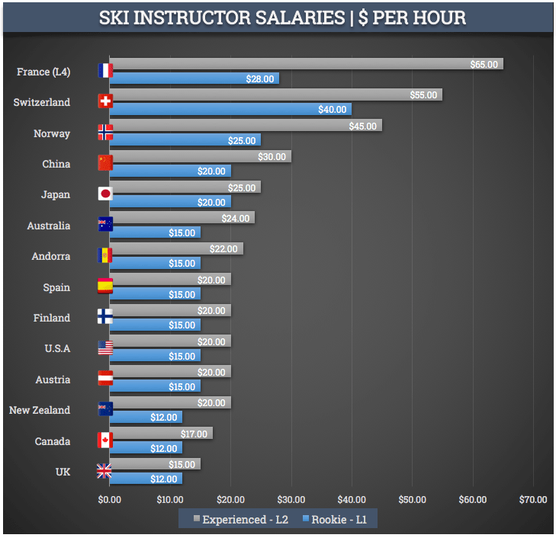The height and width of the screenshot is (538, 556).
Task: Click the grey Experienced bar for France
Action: [x=305, y=64]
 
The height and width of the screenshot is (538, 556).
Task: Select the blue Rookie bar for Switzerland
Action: [x=229, y=109]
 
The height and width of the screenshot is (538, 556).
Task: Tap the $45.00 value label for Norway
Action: [x=362, y=126]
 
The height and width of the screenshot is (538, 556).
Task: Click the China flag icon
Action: [x=105, y=163]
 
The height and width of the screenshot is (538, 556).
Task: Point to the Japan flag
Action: [x=105, y=194]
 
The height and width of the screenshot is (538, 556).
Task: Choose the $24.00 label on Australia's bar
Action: [x=236, y=218]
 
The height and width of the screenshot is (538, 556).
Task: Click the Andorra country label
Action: [x=52, y=256]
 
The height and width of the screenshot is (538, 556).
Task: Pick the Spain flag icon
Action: [x=105, y=287]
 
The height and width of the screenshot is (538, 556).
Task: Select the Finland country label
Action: [x=52, y=318]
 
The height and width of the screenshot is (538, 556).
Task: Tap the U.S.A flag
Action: [x=105, y=348]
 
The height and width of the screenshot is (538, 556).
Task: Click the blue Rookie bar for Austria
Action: [x=156, y=386]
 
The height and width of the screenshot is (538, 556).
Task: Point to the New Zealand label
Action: [x=40, y=410]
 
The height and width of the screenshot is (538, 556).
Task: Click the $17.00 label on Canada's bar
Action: [x=194, y=434]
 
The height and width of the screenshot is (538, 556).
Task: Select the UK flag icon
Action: [x=105, y=472]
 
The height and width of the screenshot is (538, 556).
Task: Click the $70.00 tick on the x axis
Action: [x=533, y=500]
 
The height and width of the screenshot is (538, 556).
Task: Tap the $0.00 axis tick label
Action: [x=110, y=500]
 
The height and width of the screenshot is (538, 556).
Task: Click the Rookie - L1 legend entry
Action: [x=336, y=520]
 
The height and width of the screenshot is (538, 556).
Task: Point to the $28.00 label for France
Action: [x=259, y=78]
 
